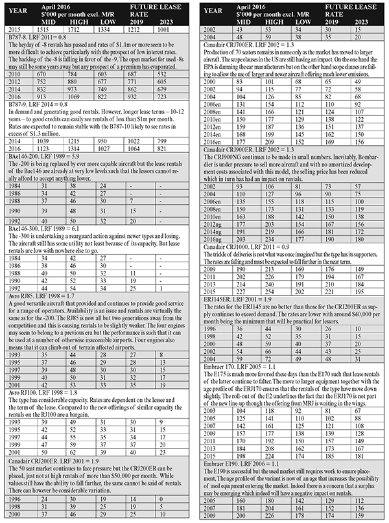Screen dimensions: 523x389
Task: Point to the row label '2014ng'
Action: (x=215, y=232)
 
